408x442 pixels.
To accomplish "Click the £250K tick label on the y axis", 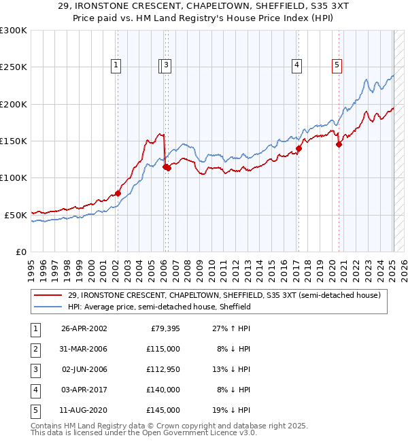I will tap(13, 67).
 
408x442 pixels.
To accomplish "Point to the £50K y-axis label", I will tap(16, 214).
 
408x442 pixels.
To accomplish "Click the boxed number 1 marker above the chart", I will tap(117, 66).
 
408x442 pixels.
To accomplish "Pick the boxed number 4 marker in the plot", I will tap(297, 66).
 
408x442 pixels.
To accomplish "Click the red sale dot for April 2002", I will tap(118, 193).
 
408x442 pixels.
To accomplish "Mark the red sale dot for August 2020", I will tap(339, 144).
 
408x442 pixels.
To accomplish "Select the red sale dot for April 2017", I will tap(299, 148).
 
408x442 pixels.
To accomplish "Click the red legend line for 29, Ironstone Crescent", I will tap(48, 296).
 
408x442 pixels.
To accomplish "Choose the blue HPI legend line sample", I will tap(48, 307).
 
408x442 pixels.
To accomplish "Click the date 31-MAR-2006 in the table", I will tap(84, 349).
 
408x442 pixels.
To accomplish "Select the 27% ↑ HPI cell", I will tap(231, 328).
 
